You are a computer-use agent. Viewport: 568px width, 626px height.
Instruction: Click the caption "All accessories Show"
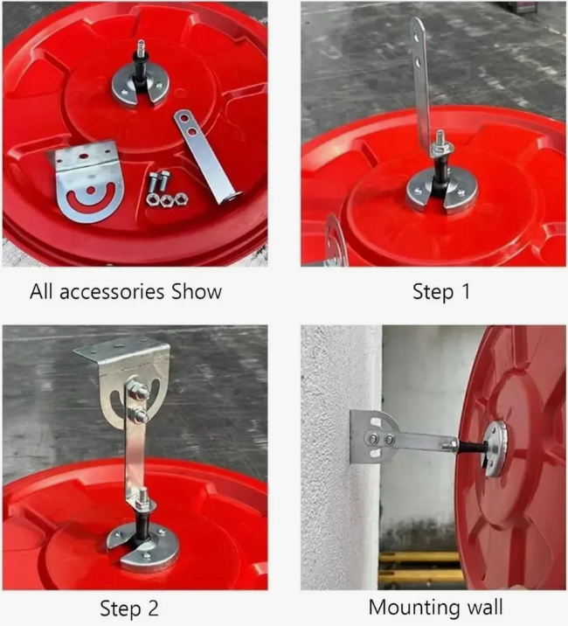pyautogui.click(x=126, y=292)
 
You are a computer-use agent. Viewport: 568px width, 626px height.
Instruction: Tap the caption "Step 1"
pyautogui.click(x=441, y=291)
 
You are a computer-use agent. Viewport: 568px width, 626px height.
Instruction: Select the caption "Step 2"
pyautogui.click(x=129, y=609)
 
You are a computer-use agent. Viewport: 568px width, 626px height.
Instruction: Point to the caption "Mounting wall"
pyautogui.click(x=435, y=608)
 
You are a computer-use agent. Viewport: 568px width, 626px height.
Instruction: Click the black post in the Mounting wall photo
pyautogui.click(x=471, y=447)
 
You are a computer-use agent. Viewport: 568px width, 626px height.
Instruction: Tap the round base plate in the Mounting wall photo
pyautogui.click(x=495, y=448)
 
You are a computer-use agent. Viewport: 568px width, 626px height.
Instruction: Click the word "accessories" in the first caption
pyautogui.click(x=112, y=293)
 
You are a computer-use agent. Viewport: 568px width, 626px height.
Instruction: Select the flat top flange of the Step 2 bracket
pyautogui.click(x=120, y=345)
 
